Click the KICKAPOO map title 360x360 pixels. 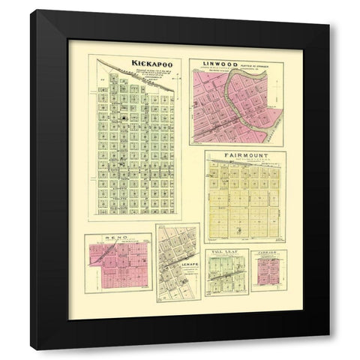pyautogui.click(x=151, y=65)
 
